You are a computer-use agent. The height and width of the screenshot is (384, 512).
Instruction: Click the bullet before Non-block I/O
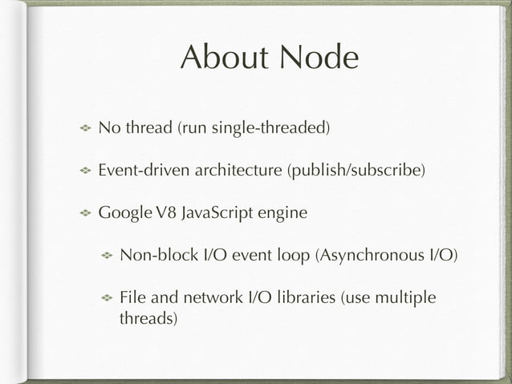pos(105,257)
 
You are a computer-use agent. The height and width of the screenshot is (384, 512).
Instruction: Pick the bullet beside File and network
pos(105,299)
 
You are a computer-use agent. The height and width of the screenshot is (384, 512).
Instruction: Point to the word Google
pos(123,214)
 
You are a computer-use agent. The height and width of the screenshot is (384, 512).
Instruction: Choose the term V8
pos(165,214)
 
